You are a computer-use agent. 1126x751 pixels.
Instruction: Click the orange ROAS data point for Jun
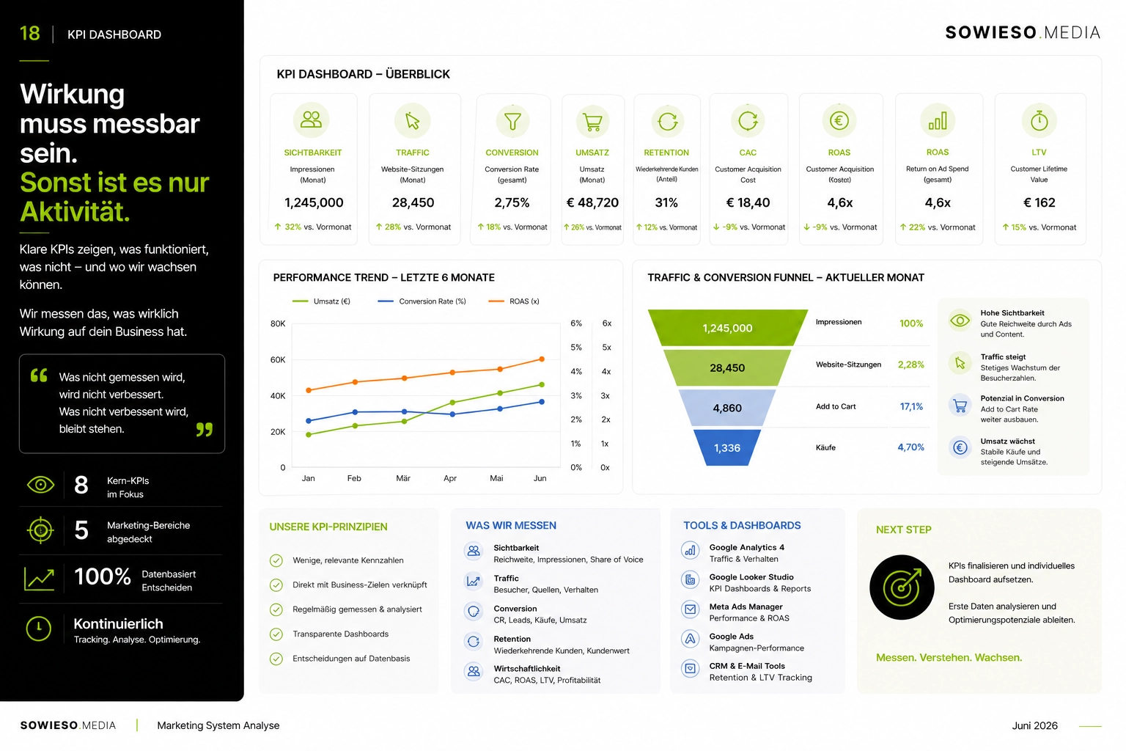point(542,359)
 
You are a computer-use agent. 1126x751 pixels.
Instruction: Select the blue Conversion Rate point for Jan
point(309,420)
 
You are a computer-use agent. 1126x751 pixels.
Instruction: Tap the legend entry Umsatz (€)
point(321,301)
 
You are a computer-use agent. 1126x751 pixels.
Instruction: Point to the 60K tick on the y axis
point(278,359)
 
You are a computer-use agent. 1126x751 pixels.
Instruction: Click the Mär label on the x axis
point(403,478)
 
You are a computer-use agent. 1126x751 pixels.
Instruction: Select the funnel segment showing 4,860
point(727,408)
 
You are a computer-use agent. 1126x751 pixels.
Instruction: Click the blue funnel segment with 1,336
point(727,447)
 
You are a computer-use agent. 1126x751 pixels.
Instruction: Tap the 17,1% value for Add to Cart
point(911,406)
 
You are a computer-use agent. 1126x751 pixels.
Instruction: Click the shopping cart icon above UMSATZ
point(592,121)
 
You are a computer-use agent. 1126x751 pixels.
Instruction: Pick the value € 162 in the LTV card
point(1039,202)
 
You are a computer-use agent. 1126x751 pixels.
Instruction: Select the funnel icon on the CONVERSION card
point(512,121)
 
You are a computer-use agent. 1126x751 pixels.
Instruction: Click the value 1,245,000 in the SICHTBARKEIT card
point(314,202)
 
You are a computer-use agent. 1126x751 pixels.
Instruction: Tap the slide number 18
point(29,34)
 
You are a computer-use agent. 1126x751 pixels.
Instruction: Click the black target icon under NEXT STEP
point(902,587)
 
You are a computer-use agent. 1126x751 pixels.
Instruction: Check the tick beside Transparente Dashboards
point(276,634)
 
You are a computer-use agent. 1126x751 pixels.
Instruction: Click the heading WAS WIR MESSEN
point(511,525)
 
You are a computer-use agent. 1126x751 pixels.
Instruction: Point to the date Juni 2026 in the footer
point(1034,725)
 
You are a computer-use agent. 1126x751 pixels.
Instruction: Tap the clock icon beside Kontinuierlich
point(39,629)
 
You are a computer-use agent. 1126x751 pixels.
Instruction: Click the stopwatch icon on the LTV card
point(1039,121)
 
